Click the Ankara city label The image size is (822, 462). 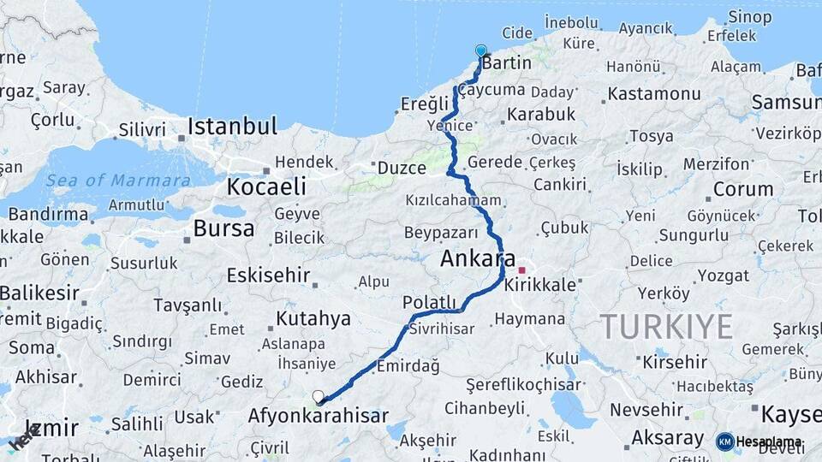478,259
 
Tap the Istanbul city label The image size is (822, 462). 232,127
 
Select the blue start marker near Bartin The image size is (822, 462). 480,51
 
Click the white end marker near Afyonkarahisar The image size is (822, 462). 319,397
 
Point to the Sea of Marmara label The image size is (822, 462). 117,181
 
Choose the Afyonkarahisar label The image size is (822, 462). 318,417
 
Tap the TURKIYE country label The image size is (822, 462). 666,326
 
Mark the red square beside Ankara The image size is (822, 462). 521,270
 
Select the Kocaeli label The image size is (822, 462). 266,187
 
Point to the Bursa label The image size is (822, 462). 223,228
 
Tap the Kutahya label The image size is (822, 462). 313,319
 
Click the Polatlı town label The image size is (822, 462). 429,302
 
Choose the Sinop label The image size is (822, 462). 749,16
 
